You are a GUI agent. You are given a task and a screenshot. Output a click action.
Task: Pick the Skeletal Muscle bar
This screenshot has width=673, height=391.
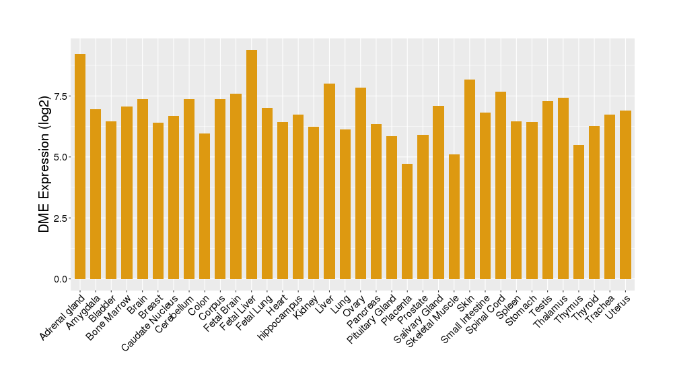[x=454, y=216]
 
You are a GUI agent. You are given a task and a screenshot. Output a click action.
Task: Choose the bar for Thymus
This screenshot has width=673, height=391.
[x=579, y=212]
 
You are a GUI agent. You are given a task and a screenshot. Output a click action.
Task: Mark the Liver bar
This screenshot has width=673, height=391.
[x=330, y=181]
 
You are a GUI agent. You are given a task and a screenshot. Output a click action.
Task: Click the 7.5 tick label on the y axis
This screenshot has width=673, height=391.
[x=60, y=96]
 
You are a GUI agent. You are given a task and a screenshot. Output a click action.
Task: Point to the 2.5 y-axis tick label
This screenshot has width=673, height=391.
[x=60, y=218]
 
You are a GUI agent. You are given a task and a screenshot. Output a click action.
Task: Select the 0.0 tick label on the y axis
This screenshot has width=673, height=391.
[x=60, y=279]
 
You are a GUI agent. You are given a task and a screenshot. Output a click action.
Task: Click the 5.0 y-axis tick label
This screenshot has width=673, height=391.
[x=60, y=157]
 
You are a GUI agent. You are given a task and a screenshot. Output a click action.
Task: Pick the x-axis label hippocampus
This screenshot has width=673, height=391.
[x=281, y=314]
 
